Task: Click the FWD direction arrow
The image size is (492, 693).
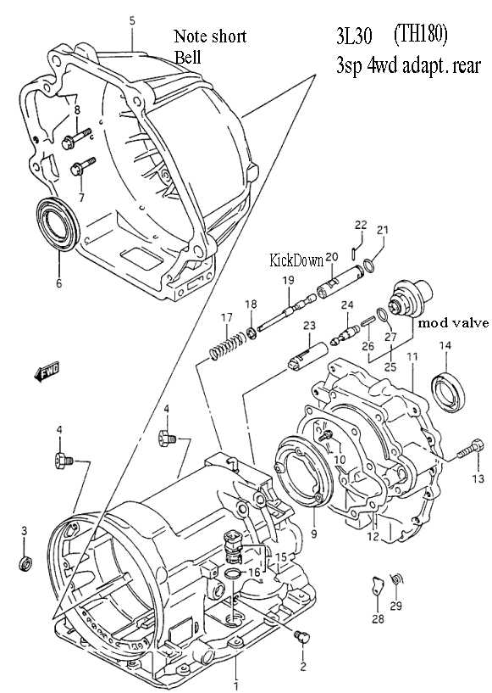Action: (x=47, y=372)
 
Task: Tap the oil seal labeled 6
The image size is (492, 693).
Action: (x=58, y=225)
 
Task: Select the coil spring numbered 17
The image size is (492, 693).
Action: (x=227, y=345)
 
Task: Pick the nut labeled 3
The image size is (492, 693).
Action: (x=26, y=563)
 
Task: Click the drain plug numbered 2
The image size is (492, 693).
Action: (x=301, y=635)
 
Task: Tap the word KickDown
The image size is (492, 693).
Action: (x=296, y=260)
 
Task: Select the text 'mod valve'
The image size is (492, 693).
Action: (x=453, y=323)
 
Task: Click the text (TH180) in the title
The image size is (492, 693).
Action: (x=420, y=34)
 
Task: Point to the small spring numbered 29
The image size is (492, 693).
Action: (x=396, y=578)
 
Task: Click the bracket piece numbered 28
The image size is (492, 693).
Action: (x=377, y=586)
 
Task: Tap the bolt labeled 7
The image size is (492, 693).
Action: (x=82, y=165)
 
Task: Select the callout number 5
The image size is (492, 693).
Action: (x=131, y=20)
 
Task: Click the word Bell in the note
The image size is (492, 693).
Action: (x=187, y=58)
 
